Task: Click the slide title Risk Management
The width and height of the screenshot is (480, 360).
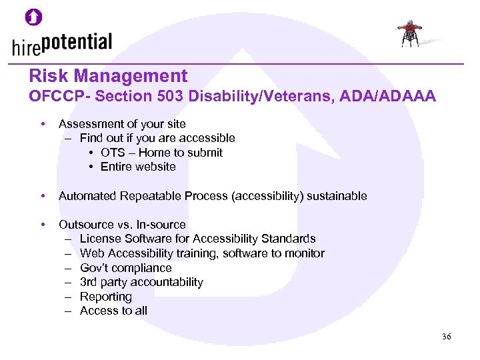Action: [x=108, y=76]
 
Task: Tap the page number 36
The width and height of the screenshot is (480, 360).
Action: [x=447, y=337]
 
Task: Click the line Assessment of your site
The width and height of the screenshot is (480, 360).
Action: [x=122, y=124]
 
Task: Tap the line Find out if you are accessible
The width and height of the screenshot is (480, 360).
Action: [x=157, y=138]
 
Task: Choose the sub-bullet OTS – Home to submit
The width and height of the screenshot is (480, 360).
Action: [x=161, y=153]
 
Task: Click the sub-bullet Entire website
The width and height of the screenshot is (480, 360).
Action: [x=138, y=167]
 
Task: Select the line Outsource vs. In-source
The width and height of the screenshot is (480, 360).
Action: [x=122, y=225]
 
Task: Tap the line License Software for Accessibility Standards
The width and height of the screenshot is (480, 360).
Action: [x=197, y=239]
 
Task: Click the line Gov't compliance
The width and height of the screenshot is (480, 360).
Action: [x=125, y=268]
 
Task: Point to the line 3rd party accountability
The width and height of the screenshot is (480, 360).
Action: [x=141, y=282]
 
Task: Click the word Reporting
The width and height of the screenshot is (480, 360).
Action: [x=106, y=297]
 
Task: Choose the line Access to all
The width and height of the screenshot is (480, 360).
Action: [x=113, y=311]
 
